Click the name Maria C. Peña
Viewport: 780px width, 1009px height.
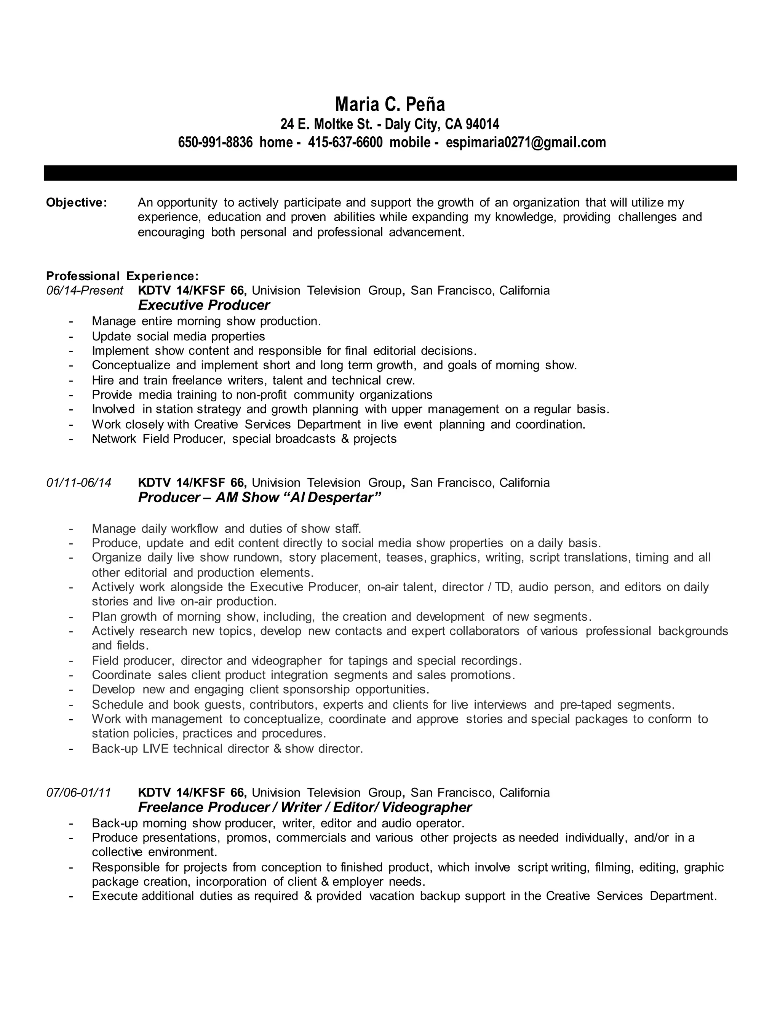pos(390,104)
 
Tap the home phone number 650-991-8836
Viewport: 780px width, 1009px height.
pos(215,142)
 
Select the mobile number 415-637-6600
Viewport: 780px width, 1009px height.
pos(345,142)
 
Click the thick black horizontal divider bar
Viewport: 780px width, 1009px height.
pos(390,173)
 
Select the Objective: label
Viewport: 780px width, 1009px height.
pos(77,202)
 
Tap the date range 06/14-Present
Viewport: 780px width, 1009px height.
pos(85,291)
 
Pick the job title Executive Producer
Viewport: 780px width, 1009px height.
pos(204,305)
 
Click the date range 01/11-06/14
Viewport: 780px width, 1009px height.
pos(79,483)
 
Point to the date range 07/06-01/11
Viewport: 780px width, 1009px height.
pos(79,793)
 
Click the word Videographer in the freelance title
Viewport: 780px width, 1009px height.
pos(427,808)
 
